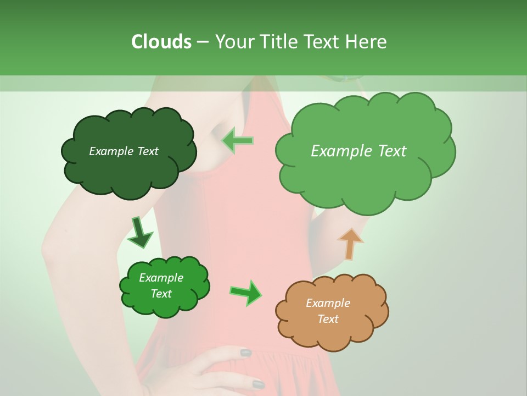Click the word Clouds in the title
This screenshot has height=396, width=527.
[161, 41]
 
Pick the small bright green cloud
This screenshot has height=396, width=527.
[164, 305]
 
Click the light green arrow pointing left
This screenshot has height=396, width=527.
[237, 140]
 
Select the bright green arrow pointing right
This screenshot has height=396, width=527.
[245, 292]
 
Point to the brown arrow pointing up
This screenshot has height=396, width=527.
[350, 244]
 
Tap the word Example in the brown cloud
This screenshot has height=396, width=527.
[328, 303]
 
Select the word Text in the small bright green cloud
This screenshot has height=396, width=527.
[161, 294]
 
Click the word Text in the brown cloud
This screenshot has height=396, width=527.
[328, 319]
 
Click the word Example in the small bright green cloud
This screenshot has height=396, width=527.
[161, 278]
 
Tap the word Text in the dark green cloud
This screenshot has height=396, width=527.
[147, 151]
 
